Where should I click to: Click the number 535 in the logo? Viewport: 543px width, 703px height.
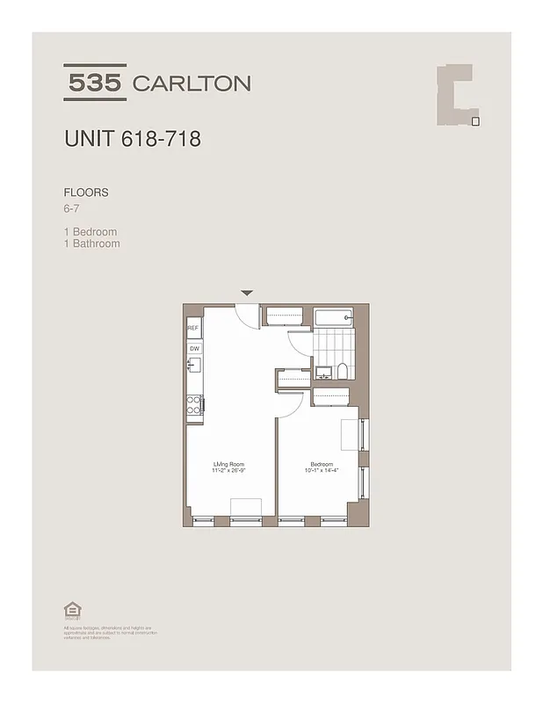tap(96, 83)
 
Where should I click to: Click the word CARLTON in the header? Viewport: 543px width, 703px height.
tap(191, 83)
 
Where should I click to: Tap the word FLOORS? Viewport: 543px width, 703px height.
tap(86, 192)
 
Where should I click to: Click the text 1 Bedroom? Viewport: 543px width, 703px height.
tap(90, 232)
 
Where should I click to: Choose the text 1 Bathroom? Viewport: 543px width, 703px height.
tap(92, 243)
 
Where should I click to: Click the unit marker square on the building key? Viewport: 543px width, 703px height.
tap(475, 121)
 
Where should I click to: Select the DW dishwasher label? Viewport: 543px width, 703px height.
tap(193, 348)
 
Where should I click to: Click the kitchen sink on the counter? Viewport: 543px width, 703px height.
tap(194, 366)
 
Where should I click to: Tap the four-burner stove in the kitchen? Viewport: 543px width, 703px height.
tap(194, 404)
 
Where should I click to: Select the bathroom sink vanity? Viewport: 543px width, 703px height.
tap(322, 371)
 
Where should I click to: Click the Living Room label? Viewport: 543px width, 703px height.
tap(228, 463)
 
